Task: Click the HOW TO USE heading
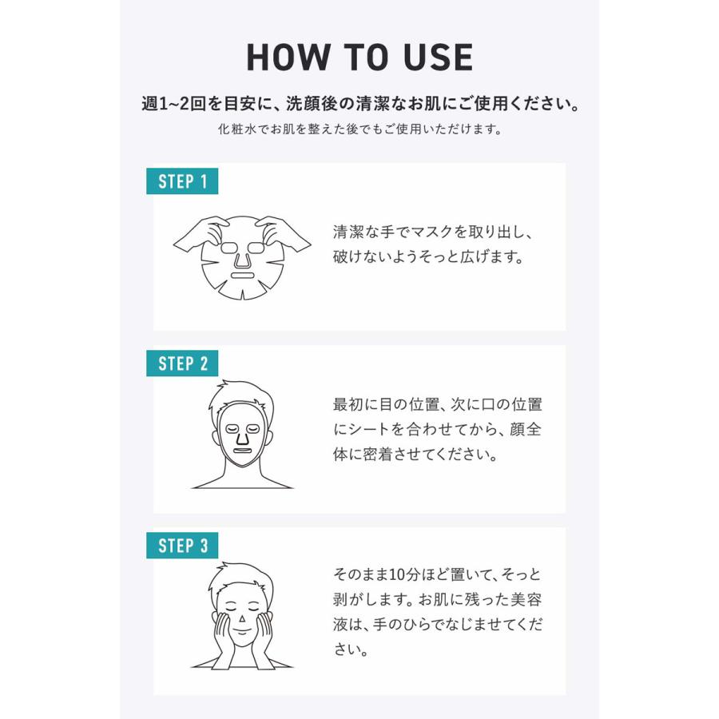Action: tap(359, 58)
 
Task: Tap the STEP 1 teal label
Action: tap(182, 181)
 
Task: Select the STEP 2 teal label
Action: tap(182, 363)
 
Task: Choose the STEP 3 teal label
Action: tap(182, 546)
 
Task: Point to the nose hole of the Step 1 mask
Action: tap(242, 257)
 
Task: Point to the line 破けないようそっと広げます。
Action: tap(428, 258)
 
